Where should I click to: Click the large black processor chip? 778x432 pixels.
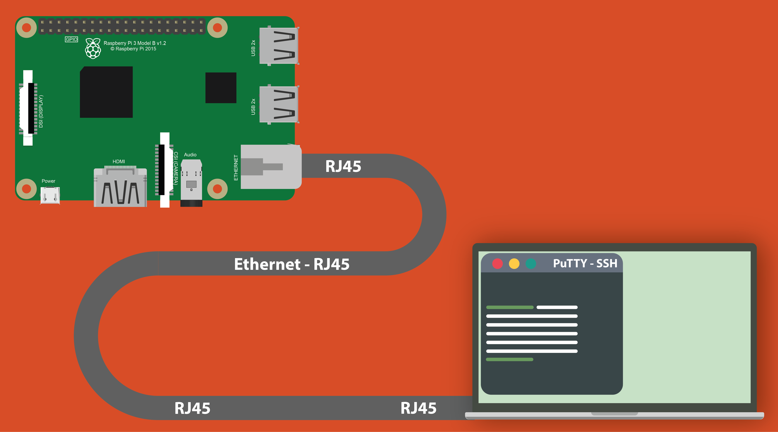click(106, 92)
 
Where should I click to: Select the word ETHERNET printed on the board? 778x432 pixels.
click(236, 168)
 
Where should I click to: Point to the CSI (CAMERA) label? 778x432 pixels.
click(176, 168)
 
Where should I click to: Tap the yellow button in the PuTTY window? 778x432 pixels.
click(514, 263)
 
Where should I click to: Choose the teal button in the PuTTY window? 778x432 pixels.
click(531, 263)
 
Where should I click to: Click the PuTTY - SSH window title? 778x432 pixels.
click(585, 263)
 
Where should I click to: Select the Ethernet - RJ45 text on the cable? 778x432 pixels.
click(292, 264)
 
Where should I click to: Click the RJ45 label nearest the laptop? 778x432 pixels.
click(418, 408)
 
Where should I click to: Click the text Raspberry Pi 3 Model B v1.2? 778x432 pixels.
click(135, 43)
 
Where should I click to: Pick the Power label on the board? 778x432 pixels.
click(48, 181)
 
